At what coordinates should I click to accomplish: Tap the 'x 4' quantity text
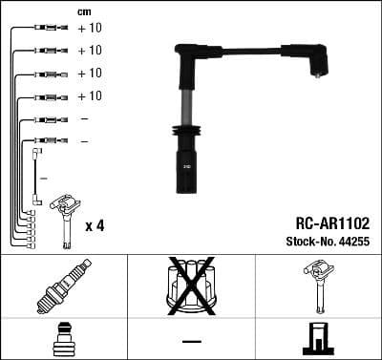[x=95, y=226]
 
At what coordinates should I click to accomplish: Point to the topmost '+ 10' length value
[x=89, y=28]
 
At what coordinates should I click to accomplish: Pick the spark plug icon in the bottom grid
[x=63, y=286]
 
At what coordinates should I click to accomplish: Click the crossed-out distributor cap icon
[x=191, y=286]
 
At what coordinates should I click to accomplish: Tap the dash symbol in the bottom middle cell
[x=191, y=340]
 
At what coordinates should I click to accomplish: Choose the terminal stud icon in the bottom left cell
[x=63, y=340]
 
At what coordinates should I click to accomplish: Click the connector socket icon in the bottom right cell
[x=318, y=340]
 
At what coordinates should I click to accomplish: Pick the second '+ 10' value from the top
[x=89, y=51]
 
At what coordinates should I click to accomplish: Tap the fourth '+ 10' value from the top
[x=89, y=96]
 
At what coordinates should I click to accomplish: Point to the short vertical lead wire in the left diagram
[x=36, y=177]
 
